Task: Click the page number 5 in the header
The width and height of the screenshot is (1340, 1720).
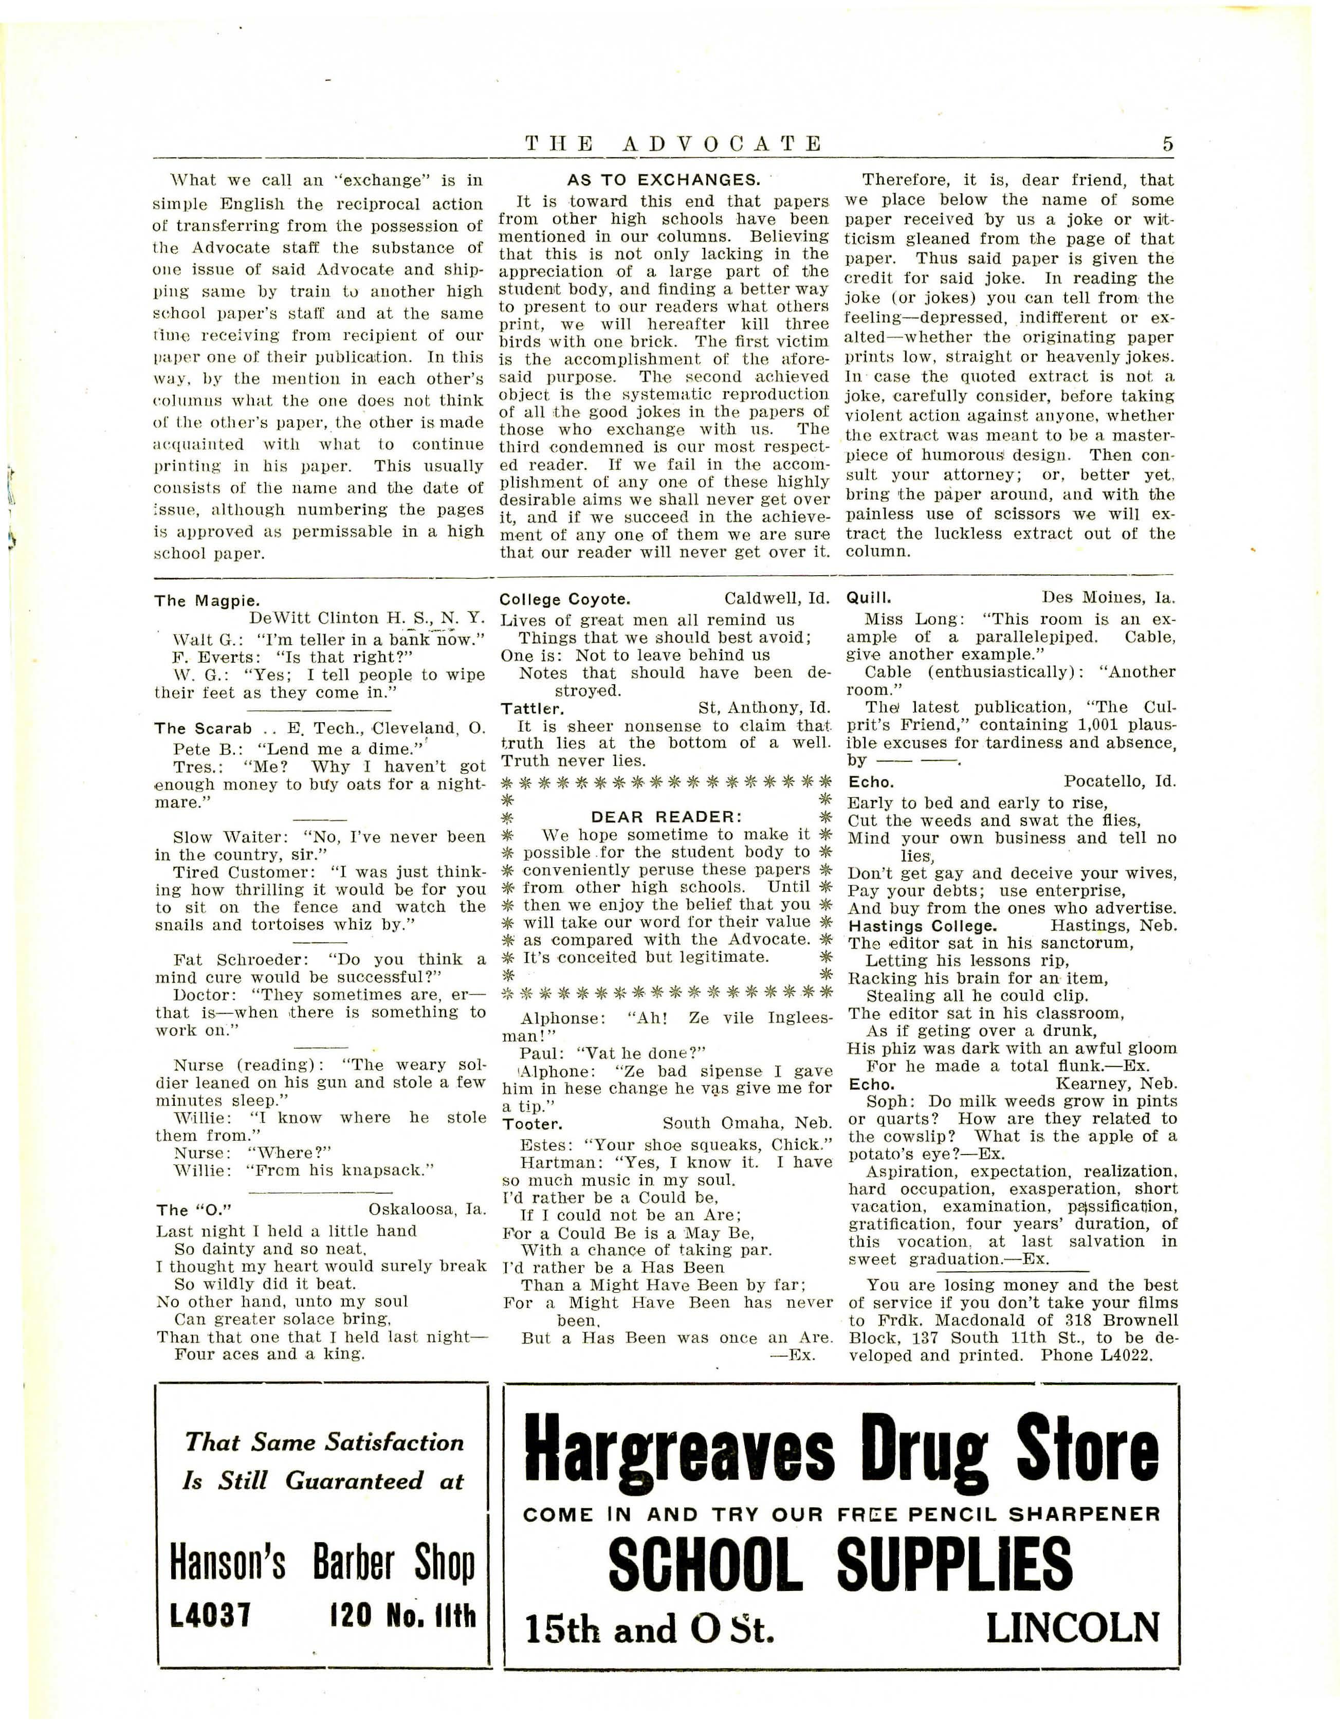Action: click(x=1167, y=144)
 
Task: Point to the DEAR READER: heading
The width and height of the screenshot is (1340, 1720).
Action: click(x=667, y=817)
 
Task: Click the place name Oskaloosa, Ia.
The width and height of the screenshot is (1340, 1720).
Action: click(x=428, y=1209)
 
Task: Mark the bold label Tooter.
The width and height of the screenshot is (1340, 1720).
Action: click(x=531, y=1124)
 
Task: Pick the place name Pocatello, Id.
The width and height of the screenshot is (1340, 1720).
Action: click(x=1119, y=781)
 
